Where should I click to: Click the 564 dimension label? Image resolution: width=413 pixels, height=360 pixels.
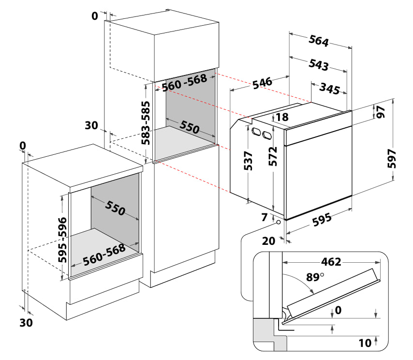coord(319,41)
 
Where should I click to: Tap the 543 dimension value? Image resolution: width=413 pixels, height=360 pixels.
coord(319,64)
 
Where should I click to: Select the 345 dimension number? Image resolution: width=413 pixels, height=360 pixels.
coord(329,89)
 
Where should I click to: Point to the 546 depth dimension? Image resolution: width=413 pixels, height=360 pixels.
coord(262,83)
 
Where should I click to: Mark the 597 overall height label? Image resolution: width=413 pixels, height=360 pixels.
coord(392,159)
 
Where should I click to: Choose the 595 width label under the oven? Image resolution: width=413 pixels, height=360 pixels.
coord(322,220)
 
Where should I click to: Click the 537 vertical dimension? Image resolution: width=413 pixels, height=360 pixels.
coord(248,161)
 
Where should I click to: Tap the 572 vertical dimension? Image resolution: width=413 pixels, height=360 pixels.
coord(273,157)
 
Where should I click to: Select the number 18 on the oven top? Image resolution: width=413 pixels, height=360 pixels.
coord(282,117)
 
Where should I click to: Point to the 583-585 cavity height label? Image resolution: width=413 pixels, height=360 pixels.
coord(146,123)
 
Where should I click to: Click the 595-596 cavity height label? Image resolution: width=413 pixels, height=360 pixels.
coord(63,240)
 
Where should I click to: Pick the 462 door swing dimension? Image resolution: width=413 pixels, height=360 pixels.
coord(331,262)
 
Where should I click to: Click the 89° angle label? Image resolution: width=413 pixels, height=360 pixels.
coord(315,277)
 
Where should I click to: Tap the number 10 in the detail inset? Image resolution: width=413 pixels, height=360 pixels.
coord(365,343)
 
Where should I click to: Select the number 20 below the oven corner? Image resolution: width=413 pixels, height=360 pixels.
coord(269,241)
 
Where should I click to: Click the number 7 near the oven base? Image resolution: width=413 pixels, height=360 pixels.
coord(265,217)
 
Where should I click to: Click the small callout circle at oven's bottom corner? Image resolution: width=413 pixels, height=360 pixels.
coord(279,222)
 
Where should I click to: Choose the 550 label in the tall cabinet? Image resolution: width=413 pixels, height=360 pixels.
coord(190,127)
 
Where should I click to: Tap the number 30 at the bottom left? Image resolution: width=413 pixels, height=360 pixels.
coord(26,323)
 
